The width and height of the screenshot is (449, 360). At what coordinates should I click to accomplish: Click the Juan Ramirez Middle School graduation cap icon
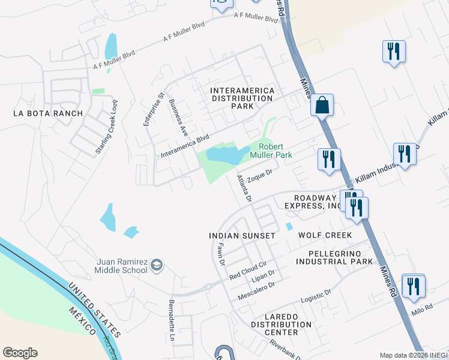[x=157, y=265]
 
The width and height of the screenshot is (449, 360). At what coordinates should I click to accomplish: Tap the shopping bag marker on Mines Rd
[x=322, y=104]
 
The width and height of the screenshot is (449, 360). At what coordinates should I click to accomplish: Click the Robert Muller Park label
[x=275, y=151]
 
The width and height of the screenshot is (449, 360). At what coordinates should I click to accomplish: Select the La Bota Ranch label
[x=40, y=113]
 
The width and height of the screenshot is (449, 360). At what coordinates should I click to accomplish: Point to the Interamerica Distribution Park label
[x=243, y=98]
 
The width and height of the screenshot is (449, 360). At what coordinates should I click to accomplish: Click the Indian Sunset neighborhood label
[x=242, y=236]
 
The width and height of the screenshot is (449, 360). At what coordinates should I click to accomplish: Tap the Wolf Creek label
[x=321, y=236]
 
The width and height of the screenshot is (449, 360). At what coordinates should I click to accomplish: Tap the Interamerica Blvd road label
[x=185, y=146]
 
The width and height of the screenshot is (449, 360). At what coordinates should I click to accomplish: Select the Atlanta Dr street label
[x=244, y=187]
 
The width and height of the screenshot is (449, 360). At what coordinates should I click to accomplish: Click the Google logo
[x=20, y=353]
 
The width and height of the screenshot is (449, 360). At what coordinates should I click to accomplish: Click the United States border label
[x=94, y=311]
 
